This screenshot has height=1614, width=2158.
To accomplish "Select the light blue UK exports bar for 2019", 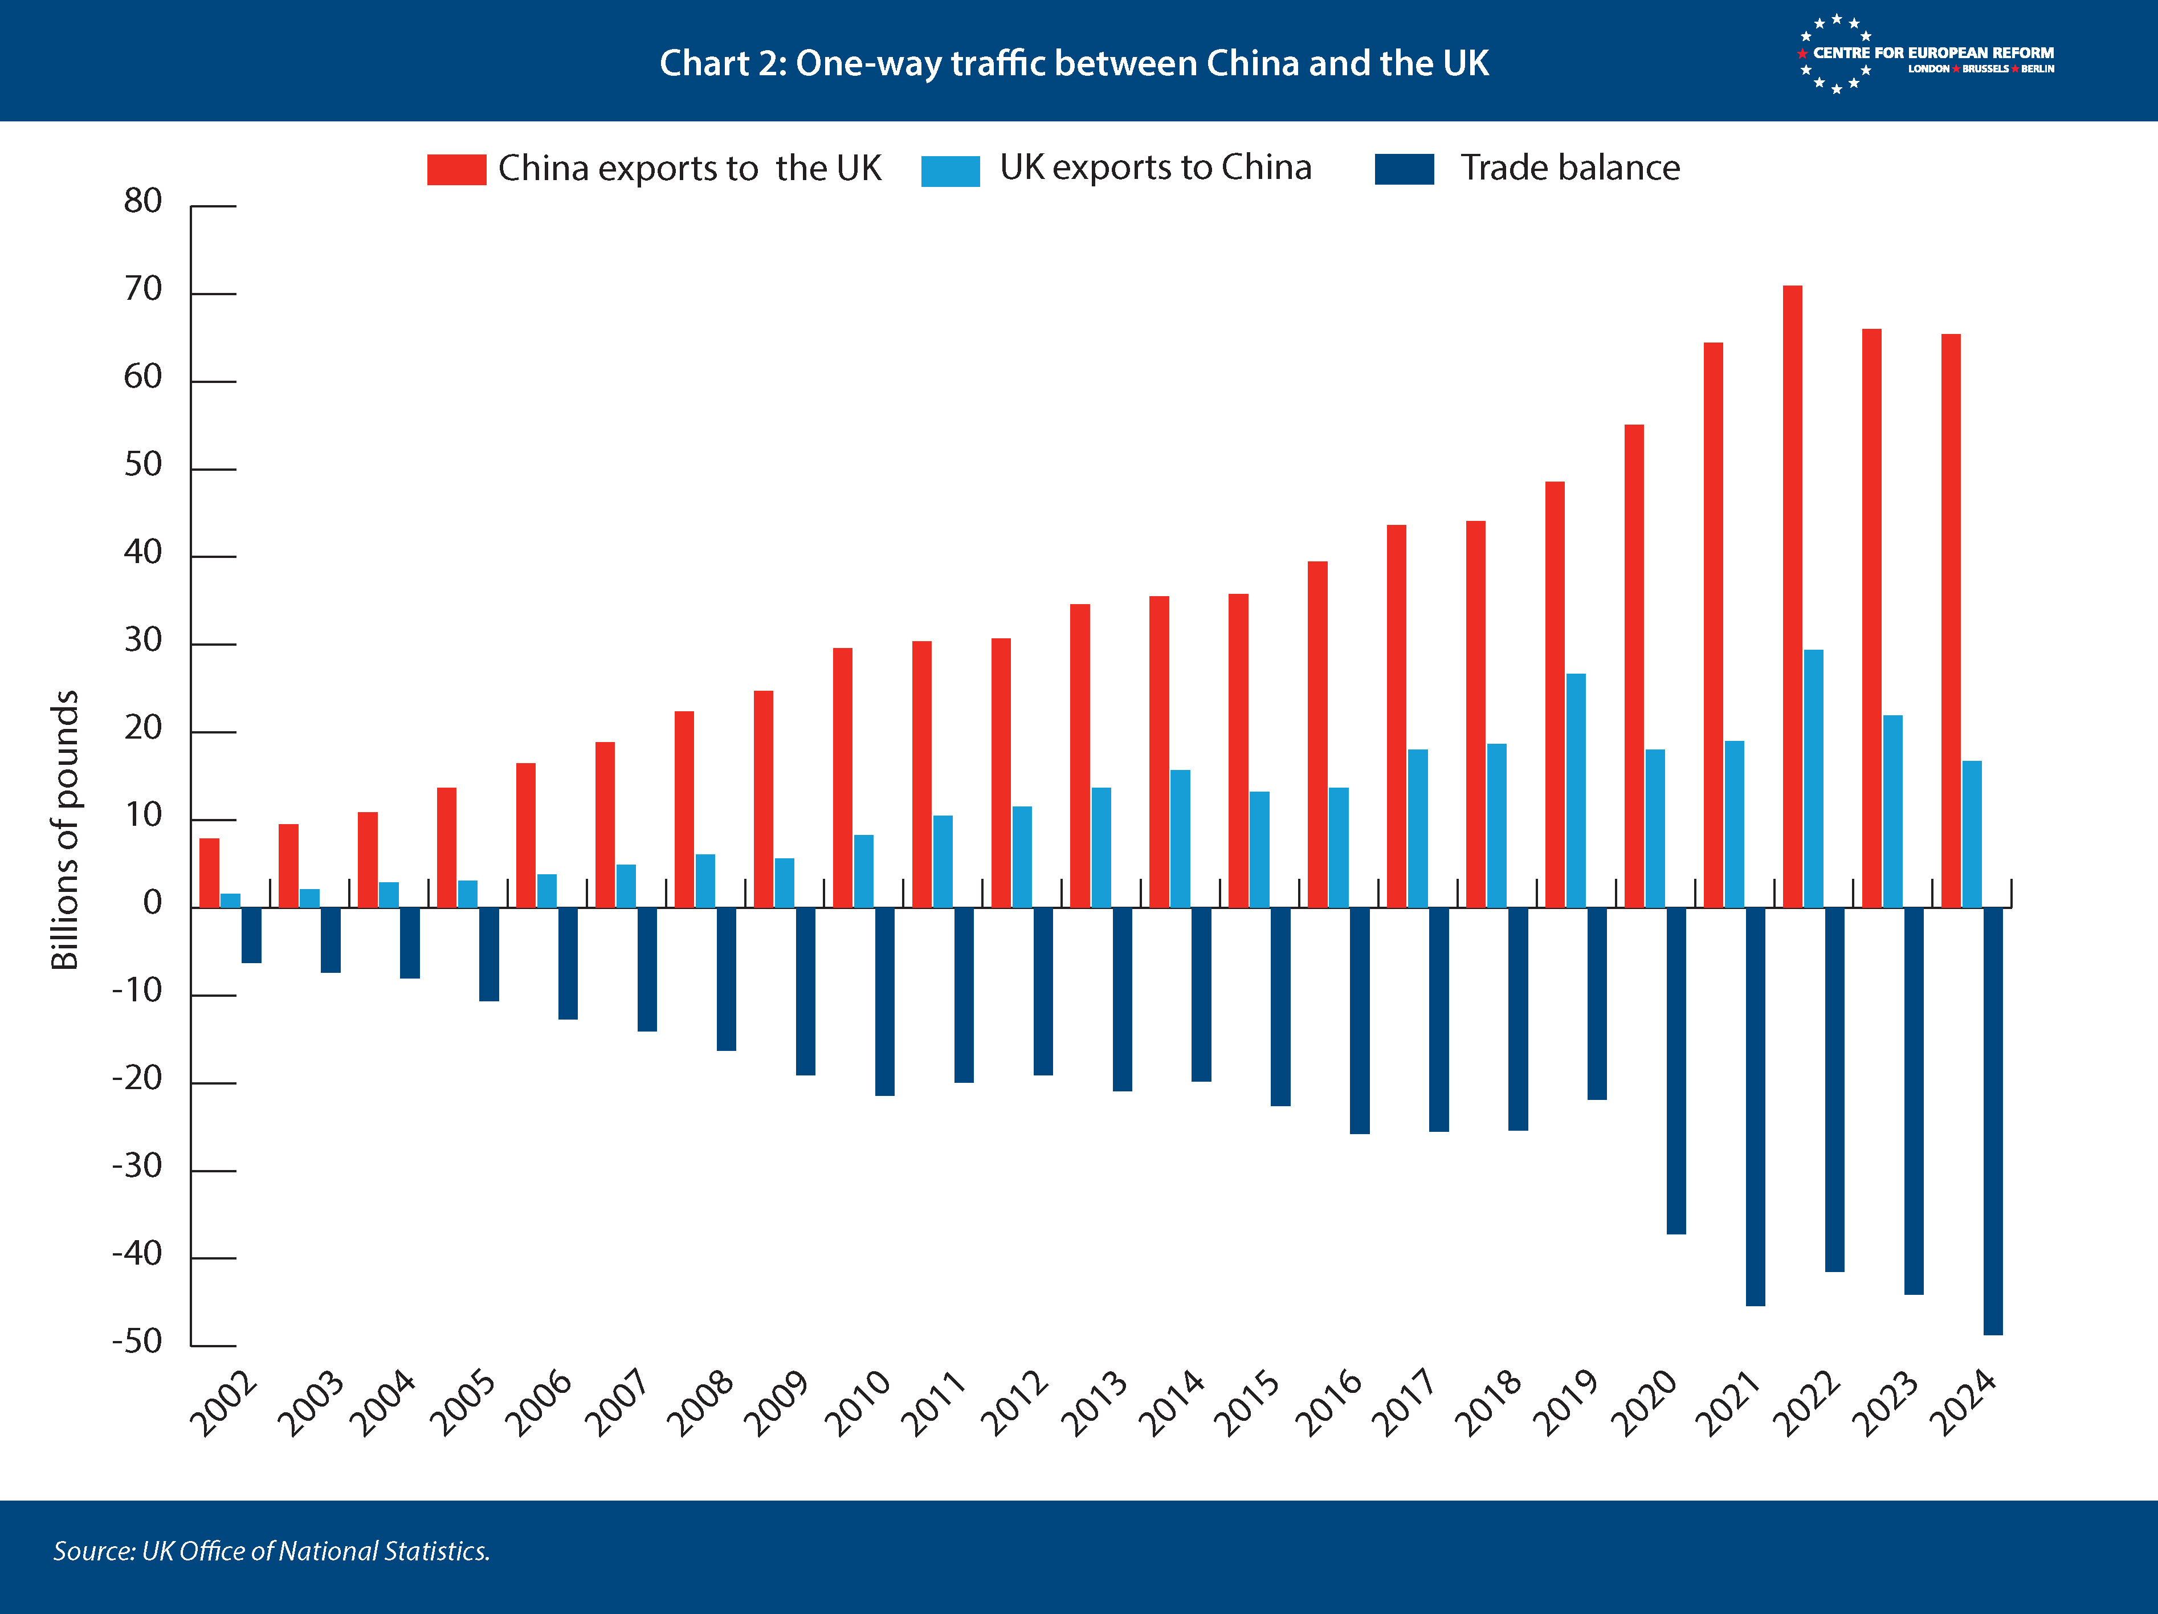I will (x=1576, y=790).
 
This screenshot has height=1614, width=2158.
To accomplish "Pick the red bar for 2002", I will (x=209, y=873).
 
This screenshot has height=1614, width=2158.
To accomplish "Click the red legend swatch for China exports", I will (x=456, y=169).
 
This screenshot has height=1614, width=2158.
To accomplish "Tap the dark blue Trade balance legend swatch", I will (x=1404, y=169).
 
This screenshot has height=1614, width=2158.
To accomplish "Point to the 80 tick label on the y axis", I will (x=142, y=201).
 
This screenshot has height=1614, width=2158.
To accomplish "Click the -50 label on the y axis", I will (x=137, y=1342).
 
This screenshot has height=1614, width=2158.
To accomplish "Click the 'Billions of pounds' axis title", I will (x=64, y=829).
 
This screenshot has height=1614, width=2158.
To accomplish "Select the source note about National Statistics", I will (x=271, y=1551).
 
